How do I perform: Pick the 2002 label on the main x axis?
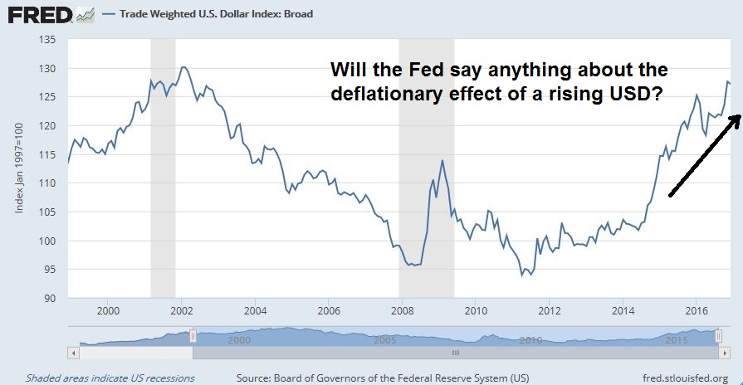(182, 311)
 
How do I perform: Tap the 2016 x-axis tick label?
(695, 311)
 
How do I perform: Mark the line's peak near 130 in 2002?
(183, 67)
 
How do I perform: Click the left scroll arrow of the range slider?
(74, 352)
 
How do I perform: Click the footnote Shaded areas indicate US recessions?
(110, 378)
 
